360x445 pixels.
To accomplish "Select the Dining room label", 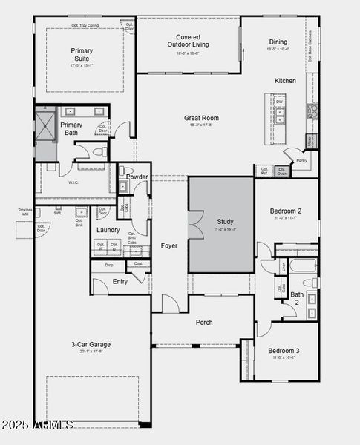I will click(278, 42).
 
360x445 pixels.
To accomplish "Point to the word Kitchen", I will click(285, 81).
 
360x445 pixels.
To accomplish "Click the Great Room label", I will click(201, 118).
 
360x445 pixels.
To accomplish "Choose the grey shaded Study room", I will click(221, 224).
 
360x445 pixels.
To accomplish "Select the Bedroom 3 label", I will click(284, 350).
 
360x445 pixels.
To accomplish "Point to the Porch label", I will click(203, 323).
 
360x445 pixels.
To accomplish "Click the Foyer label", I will click(169, 245).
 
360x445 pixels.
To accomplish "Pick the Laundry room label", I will click(108, 230).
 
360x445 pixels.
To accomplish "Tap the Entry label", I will click(120, 282).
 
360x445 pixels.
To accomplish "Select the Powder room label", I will click(137, 177).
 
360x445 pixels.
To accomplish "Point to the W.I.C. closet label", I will click(73, 182).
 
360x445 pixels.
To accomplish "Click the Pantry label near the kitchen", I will click(301, 160).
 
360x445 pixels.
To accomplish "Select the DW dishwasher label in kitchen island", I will click(279, 102).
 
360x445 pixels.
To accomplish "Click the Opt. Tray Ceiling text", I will click(85, 25).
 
